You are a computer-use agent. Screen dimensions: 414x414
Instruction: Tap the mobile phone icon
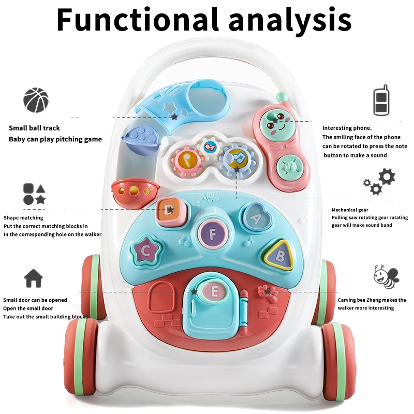(381, 100)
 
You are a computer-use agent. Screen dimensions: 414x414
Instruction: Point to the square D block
(168, 209)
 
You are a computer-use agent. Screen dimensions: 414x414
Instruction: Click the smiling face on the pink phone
(275, 124)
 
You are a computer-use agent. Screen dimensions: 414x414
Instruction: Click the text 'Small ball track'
(34, 128)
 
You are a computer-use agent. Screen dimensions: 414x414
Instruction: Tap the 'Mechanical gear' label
(350, 210)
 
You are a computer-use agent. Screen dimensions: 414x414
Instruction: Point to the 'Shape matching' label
(23, 218)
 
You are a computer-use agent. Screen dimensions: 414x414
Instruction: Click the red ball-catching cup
(129, 193)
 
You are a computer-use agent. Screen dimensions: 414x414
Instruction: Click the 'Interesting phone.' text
(347, 128)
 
